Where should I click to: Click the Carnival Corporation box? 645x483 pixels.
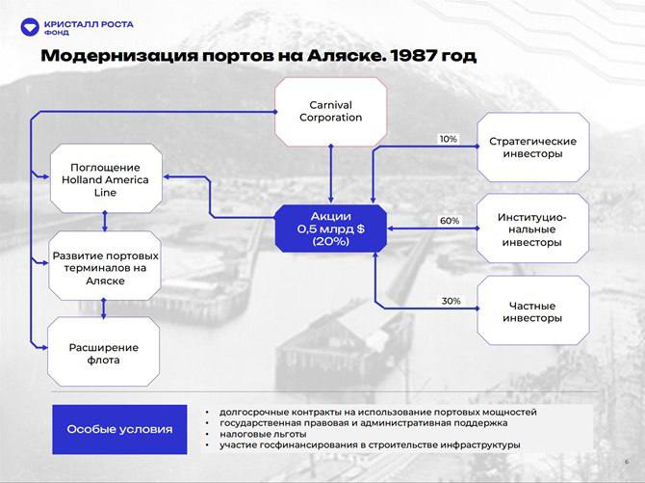pos(330,111)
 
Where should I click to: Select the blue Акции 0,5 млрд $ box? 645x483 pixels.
pos(330,228)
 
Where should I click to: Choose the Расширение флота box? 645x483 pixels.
pos(105,353)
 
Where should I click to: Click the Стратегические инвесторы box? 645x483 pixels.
pos(532,147)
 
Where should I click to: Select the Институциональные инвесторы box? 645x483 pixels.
pos(532,229)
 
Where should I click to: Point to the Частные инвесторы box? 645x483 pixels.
pos(532,311)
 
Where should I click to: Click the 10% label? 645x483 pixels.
pos(449,139)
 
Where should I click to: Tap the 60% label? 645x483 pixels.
pos(450,221)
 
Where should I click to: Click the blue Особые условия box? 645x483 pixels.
pos(120,428)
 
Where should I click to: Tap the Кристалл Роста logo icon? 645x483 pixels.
pos(29,25)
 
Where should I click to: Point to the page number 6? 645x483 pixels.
pos(626,463)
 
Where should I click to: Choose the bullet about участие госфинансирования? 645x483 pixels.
pos(369,444)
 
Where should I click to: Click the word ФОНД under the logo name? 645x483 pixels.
pos(58,31)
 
